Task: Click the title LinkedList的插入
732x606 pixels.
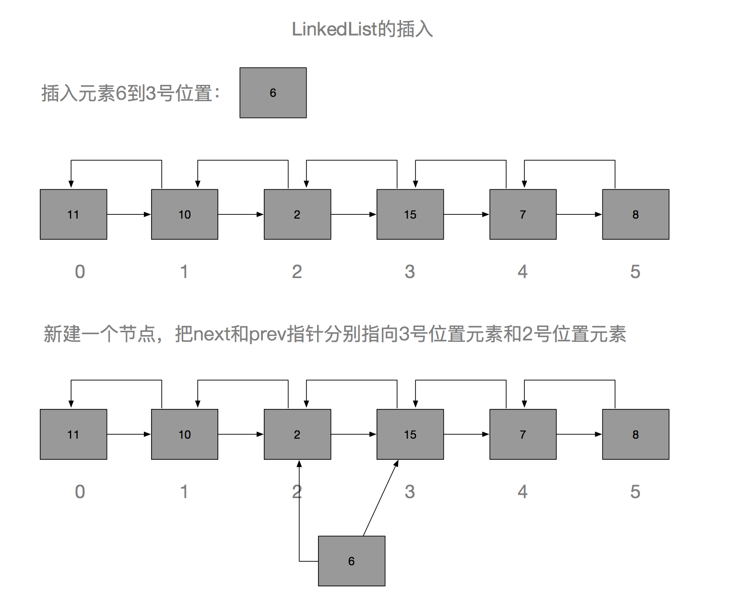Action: tap(362, 29)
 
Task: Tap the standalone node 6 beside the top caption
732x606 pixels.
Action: tap(273, 93)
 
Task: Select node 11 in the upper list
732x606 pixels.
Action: tap(73, 214)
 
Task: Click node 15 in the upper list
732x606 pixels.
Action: tap(410, 214)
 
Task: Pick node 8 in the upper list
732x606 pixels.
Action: tap(636, 214)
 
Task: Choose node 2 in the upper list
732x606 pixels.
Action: tap(297, 214)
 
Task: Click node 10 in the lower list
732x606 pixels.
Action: tap(185, 434)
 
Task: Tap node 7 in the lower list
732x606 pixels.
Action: tap(523, 434)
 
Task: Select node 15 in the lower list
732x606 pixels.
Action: tap(410, 434)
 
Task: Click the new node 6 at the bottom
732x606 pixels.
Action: tap(352, 561)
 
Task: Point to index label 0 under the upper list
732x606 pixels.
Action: tap(80, 272)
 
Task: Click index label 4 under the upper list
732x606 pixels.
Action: tap(522, 272)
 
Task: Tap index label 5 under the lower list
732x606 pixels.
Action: tap(635, 492)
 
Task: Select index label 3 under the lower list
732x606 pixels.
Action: tap(410, 492)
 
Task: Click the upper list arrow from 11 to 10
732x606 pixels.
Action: tap(129, 214)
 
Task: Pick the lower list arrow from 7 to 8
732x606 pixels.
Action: tap(579, 434)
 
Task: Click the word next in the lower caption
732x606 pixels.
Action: tap(211, 334)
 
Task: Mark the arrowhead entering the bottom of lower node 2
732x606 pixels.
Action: tap(299, 464)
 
